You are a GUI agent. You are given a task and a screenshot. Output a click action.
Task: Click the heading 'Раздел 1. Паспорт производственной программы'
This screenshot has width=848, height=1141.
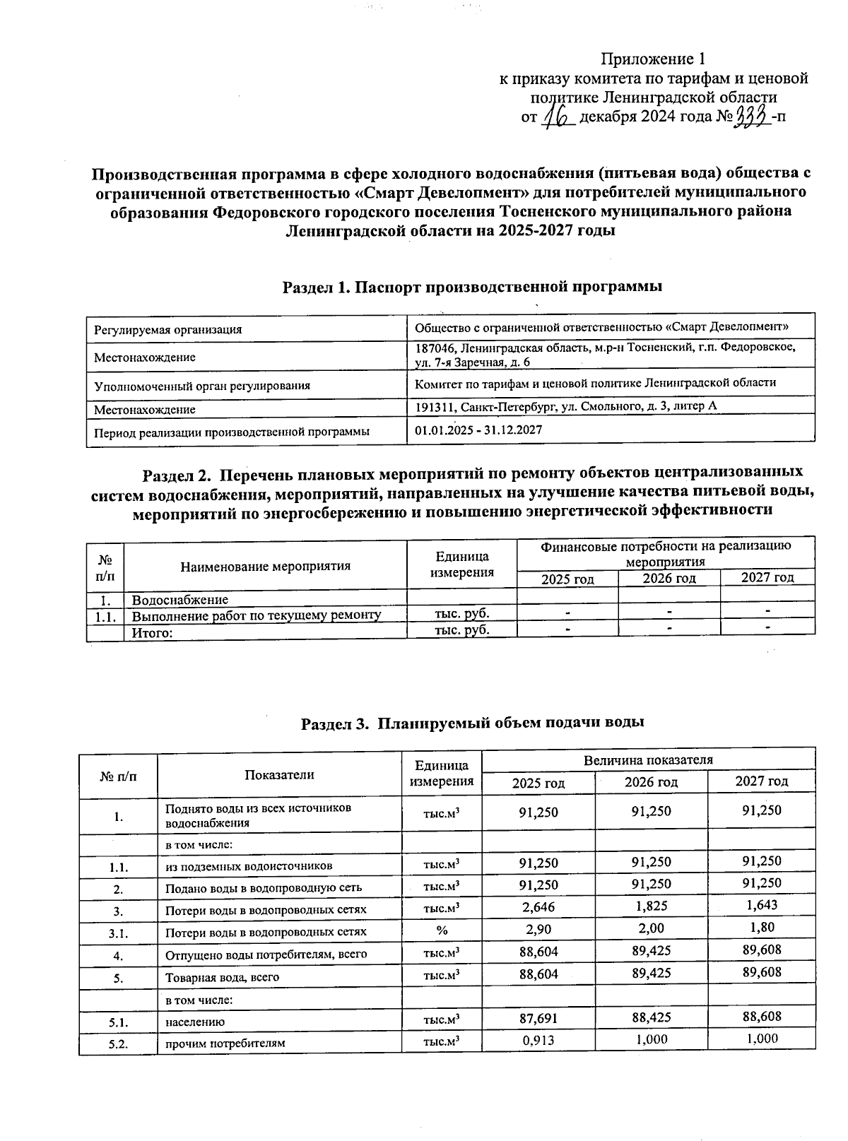pyautogui.click(x=472, y=287)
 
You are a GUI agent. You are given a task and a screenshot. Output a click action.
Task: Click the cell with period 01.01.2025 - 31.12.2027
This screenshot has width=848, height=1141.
pyautogui.click(x=478, y=430)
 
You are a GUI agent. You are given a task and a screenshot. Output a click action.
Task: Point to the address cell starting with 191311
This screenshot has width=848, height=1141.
pyautogui.click(x=565, y=407)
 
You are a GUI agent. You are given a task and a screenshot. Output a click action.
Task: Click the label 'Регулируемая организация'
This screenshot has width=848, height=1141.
pyautogui.click(x=168, y=329)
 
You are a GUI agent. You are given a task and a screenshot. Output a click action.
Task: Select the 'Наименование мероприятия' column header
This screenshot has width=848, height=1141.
pyautogui.click(x=265, y=566)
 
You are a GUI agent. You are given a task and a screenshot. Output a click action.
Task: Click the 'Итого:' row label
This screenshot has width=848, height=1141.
pyautogui.click(x=153, y=632)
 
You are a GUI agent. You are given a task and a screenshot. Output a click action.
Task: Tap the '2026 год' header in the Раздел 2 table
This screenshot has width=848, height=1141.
pyautogui.click(x=669, y=579)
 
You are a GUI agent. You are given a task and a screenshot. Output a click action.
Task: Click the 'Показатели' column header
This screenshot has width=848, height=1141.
pyautogui.click(x=279, y=774)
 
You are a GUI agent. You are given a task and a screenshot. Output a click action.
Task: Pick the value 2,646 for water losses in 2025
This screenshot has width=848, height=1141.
pyautogui.click(x=538, y=906)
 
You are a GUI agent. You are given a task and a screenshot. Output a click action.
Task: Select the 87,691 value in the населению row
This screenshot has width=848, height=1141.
pyautogui.click(x=538, y=1018)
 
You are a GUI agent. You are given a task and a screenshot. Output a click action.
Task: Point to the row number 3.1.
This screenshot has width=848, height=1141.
pyautogui.click(x=117, y=933)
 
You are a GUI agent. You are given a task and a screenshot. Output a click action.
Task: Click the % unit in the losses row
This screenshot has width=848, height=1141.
pyautogui.click(x=441, y=930)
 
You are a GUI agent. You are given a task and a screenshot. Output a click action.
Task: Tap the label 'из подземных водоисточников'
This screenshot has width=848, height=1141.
pyautogui.click(x=249, y=866)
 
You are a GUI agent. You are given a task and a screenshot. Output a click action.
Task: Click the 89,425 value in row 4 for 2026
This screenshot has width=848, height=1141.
pyautogui.click(x=651, y=951)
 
